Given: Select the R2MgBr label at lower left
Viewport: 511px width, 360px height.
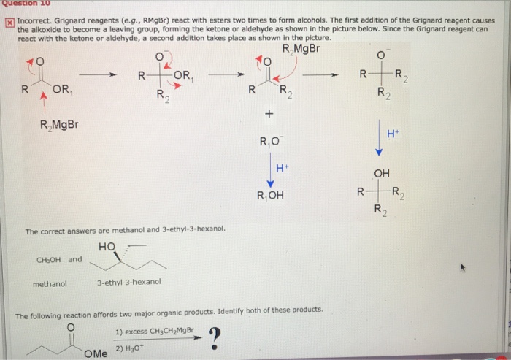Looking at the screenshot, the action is (61, 124).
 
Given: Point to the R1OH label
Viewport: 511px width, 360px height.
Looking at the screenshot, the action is (270, 195).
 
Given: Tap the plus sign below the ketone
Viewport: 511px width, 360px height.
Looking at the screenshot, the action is (269, 115).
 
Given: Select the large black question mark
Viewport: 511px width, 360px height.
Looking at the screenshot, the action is (214, 337).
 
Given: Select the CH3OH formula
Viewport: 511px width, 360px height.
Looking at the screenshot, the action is (49, 259).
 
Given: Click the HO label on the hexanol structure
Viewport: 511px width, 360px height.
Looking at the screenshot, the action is (105, 247).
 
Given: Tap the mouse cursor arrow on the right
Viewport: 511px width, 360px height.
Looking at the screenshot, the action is (462, 267).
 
